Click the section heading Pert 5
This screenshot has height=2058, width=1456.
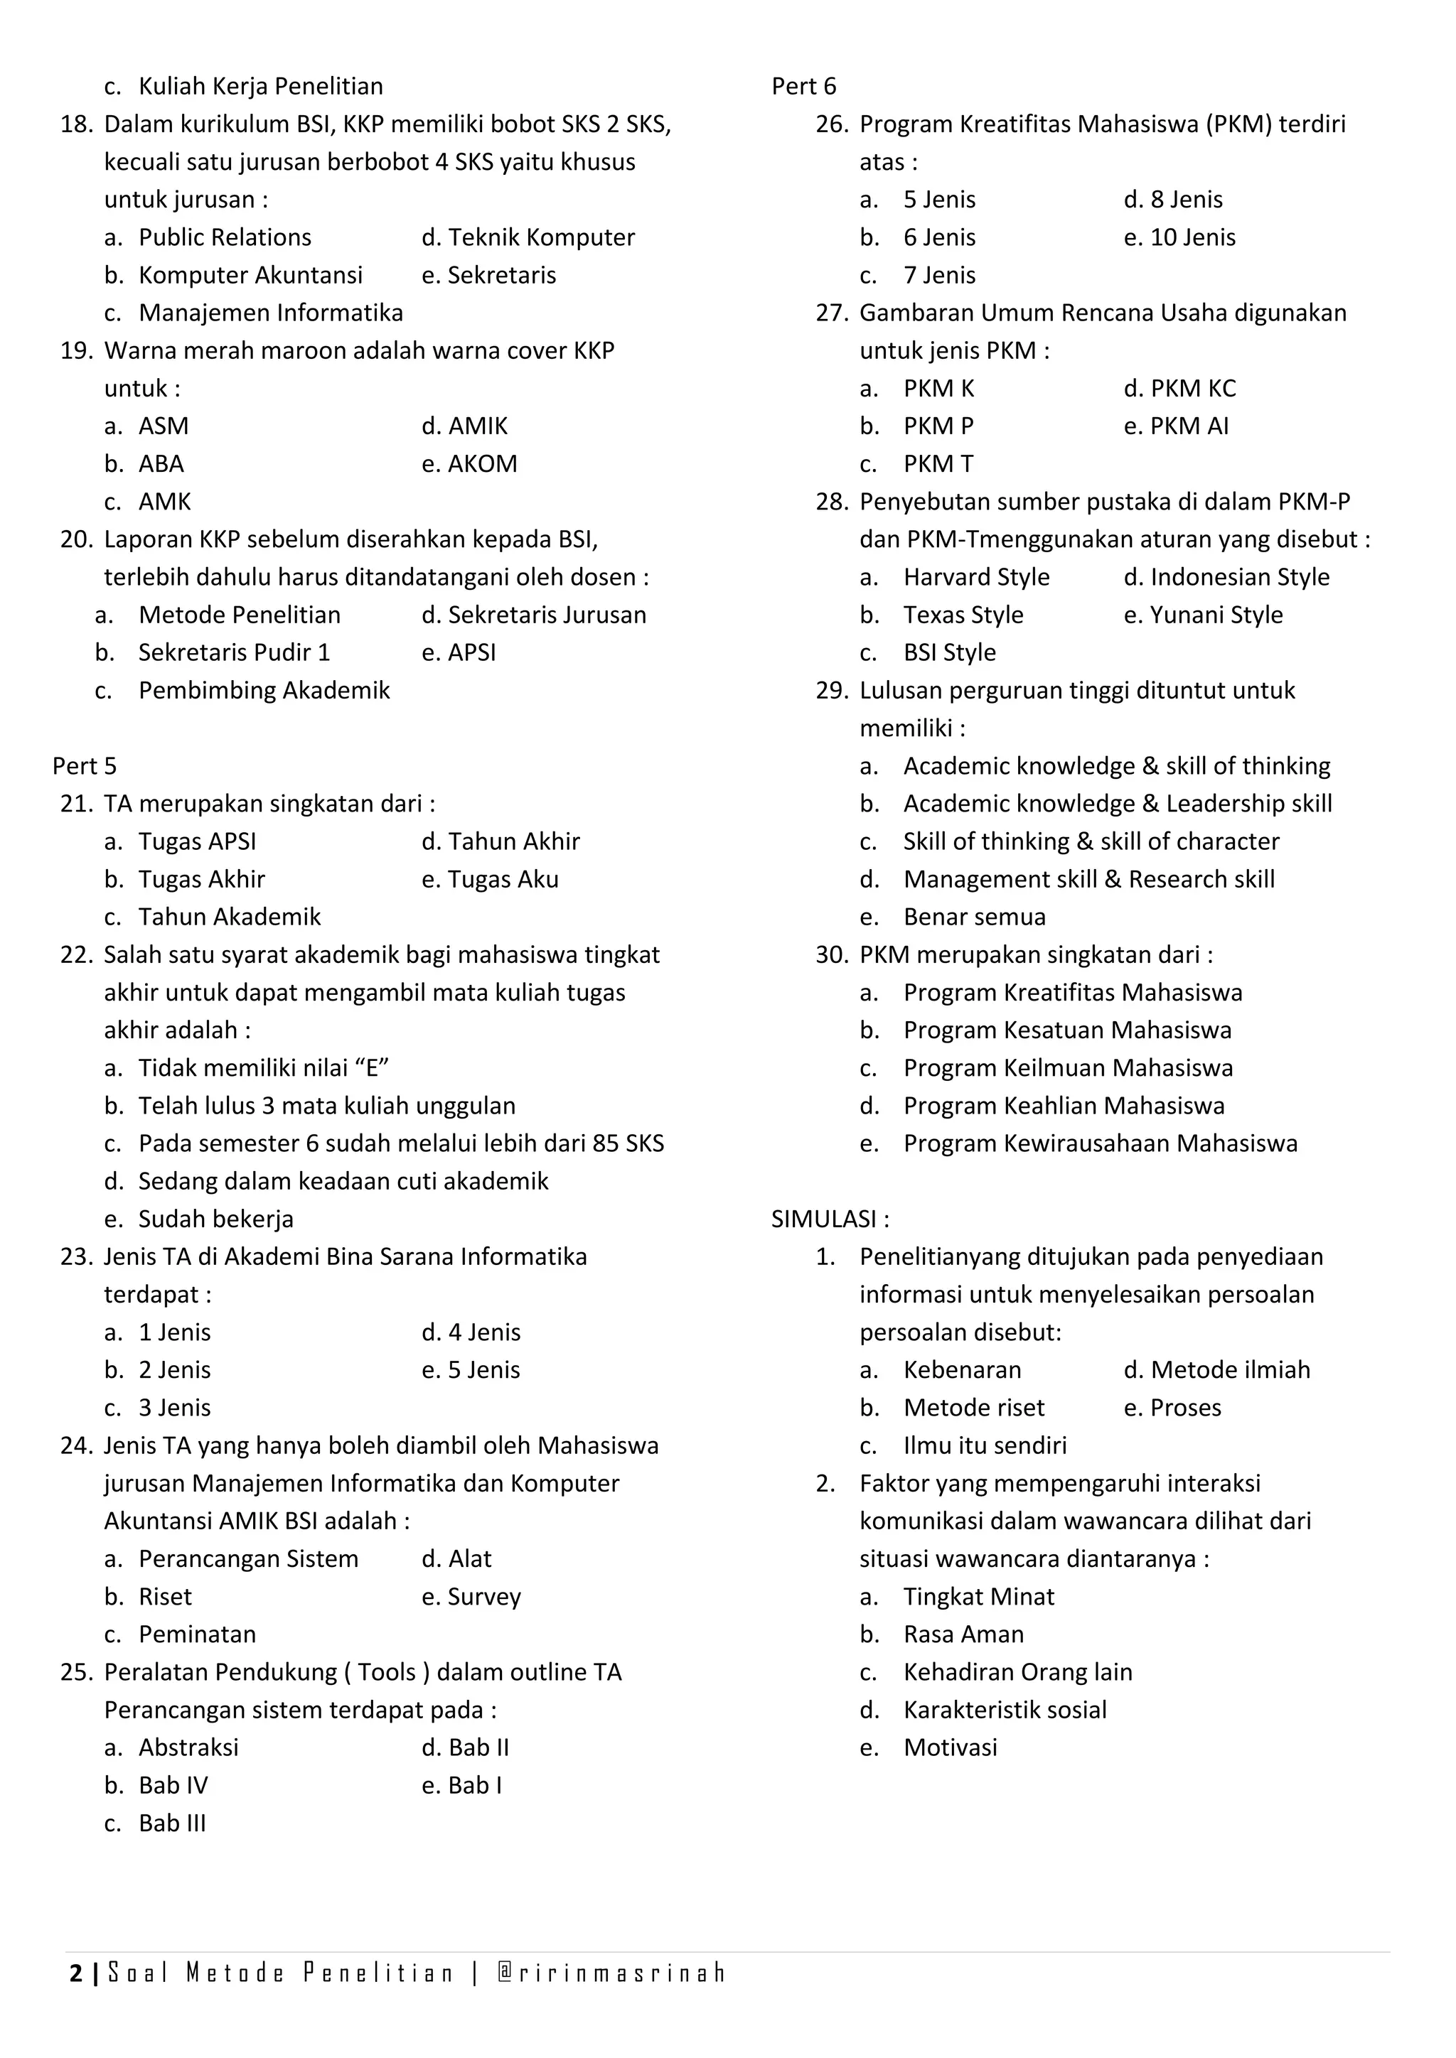[85, 765]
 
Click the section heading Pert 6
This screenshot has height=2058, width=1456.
[803, 86]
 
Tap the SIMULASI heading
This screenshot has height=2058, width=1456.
[830, 1218]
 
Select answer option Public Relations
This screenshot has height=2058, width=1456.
[224, 237]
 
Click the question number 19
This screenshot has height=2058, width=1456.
[76, 350]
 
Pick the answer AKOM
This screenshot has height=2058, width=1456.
[481, 463]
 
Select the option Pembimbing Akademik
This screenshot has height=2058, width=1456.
[264, 690]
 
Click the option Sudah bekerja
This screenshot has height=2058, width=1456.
[215, 1218]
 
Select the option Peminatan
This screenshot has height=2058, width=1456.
[196, 1634]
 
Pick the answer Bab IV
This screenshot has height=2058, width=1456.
[172, 1784]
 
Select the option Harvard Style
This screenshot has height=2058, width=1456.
[975, 576]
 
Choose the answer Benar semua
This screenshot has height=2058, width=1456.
[974, 916]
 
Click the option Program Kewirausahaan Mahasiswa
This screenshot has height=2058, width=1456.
[1099, 1143]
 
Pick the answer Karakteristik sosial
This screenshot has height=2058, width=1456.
[1004, 1709]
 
